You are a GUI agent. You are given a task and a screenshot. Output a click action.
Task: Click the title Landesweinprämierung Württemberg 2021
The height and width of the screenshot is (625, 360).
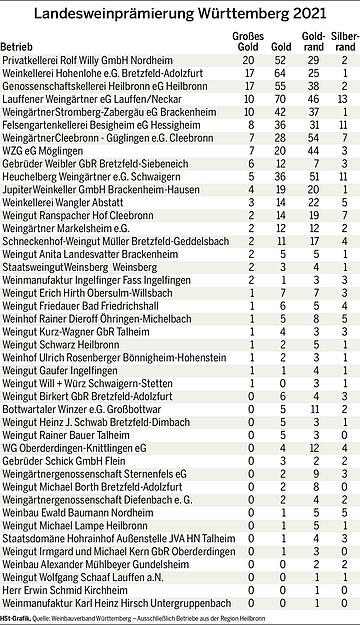pos(179,12)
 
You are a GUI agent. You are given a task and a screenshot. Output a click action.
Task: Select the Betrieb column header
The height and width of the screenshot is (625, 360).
pos(19,47)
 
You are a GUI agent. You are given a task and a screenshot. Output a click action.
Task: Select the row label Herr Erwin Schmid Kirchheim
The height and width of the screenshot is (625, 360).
pos(60,592)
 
